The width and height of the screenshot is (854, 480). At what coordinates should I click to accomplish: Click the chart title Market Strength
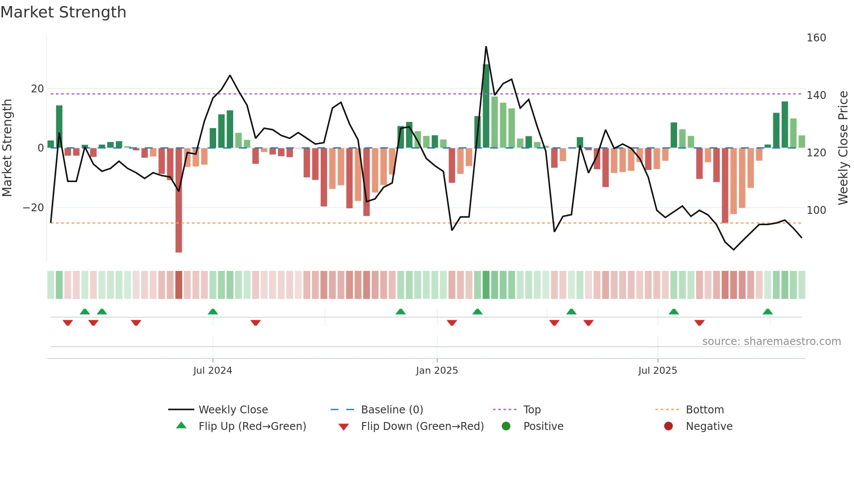click(63, 12)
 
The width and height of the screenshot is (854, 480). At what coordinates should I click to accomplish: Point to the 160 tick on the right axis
click(816, 38)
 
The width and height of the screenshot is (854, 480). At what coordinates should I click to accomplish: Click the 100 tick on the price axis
click(816, 210)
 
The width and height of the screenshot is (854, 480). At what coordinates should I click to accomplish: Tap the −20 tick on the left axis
click(33, 208)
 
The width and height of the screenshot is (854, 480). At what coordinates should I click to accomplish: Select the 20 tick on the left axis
click(37, 89)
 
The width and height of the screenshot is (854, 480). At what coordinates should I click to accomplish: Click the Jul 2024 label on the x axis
click(213, 371)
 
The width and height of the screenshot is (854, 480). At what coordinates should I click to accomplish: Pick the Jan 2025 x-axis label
click(437, 371)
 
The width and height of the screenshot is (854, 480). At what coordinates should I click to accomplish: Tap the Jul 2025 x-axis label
click(657, 371)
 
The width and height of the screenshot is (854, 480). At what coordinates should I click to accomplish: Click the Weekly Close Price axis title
click(843, 148)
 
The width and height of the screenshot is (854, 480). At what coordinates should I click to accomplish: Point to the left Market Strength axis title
click(7, 148)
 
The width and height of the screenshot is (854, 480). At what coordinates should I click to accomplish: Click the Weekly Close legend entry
click(233, 410)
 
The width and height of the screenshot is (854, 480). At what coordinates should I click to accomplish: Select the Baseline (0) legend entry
click(392, 410)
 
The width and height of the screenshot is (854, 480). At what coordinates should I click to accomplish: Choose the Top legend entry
click(532, 410)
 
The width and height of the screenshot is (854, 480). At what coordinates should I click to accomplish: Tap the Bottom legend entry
click(705, 410)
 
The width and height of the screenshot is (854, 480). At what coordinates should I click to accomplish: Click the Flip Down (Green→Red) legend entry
click(422, 426)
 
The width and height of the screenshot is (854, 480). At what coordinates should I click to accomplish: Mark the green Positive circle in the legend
click(506, 426)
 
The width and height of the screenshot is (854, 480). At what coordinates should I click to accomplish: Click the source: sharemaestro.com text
click(771, 341)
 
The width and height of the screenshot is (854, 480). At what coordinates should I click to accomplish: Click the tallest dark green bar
click(486, 107)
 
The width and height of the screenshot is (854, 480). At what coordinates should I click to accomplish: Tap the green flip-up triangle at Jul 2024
click(213, 312)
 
